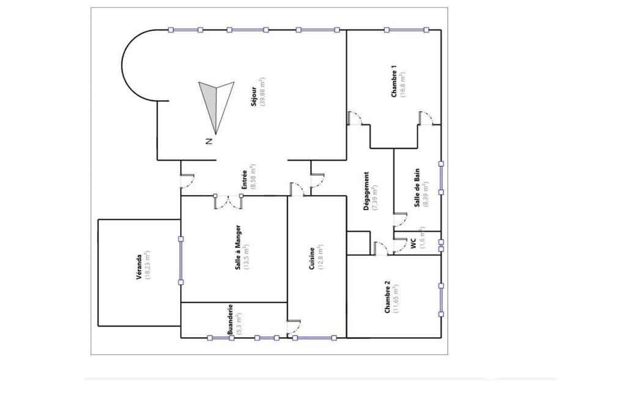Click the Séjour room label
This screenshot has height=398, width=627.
(x=254, y=96)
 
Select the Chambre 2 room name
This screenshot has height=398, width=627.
(x=387, y=297)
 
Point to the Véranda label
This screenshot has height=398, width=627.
(x=139, y=267)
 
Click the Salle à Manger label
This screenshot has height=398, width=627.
(x=238, y=247)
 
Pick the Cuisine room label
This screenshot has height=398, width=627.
(x=312, y=258)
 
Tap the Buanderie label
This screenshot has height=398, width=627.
(x=231, y=320)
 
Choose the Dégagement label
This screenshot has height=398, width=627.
(x=366, y=192)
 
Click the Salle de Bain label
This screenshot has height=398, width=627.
(x=417, y=187)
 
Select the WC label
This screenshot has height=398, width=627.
(x=414, y=244)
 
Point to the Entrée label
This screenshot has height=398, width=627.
(x=244, y=180)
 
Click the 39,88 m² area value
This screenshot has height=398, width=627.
(x=262, y=91)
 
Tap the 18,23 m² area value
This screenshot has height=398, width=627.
(x=147, y=265)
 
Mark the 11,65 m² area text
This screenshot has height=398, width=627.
(x=396, y=298)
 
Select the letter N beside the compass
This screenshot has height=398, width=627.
(x=209, y=141)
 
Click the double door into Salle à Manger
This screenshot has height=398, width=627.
(x=228, y=202)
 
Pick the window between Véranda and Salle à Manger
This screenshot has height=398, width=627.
(x=180, y=261)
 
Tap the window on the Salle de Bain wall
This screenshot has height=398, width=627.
(x=441, y=178)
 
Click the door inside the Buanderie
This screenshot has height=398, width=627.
(x=294, y=327)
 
